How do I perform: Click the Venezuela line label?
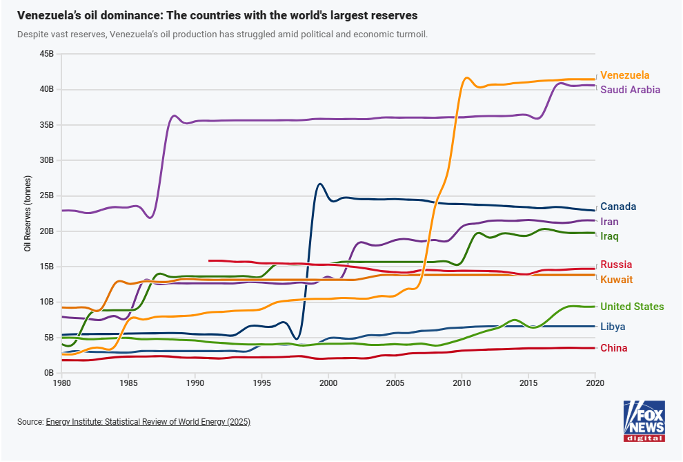pos(624,75)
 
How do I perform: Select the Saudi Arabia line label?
pos(630,90)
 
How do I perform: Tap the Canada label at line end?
pos(618,206)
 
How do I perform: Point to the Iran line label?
pos(609,222)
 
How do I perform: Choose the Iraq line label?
pos(609,237)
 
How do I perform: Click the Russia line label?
pos(616,264)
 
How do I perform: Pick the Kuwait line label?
pos(616,280)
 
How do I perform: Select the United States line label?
pos(632,307)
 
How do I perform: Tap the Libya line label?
pos(613,327)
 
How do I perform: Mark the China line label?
pos(613,348)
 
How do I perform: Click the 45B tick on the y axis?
pos(47,54)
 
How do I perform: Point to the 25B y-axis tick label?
pos(47,196)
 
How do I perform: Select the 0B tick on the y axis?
pos(49,373)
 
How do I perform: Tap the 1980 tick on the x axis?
pos(62,383)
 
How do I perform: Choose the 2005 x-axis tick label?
pos(395,383)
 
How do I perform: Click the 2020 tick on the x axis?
pos(595,383)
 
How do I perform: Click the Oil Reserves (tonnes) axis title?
pos(28,213)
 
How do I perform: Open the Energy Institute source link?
pos(148,421)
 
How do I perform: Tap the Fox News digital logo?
pos(644,421)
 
